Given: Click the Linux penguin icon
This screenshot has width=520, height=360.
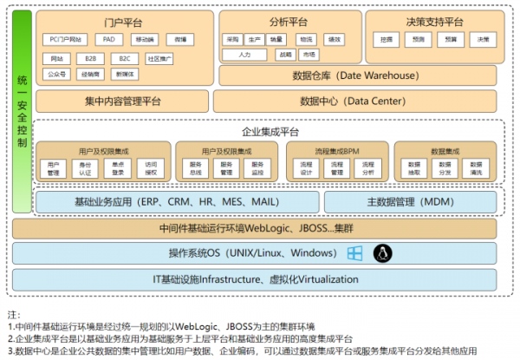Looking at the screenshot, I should (380, 253).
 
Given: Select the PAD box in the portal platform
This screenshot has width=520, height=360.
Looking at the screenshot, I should (108, 40).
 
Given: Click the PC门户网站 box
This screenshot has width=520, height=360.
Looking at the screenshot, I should (66, 40).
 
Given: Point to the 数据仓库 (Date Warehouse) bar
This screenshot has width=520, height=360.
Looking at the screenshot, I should (355, 76).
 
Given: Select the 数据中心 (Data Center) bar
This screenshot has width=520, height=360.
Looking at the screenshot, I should (355, 101).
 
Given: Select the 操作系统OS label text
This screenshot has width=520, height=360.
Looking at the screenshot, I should (241, 253).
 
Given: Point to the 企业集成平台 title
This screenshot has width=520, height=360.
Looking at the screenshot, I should (270, 131).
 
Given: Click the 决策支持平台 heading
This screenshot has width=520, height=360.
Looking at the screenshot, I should (433, 21).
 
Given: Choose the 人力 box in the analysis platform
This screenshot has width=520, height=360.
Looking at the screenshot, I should (244, 55).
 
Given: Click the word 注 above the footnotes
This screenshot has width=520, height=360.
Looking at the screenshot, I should (12, 313).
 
